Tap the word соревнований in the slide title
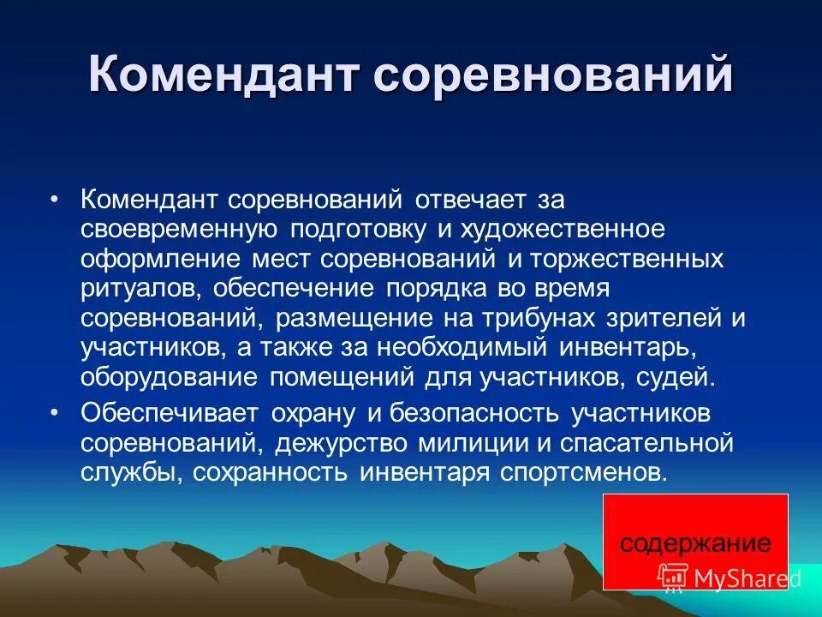[553, 76]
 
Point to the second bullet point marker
[55, 412]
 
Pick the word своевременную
[178, 230]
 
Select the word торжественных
[638, 259]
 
